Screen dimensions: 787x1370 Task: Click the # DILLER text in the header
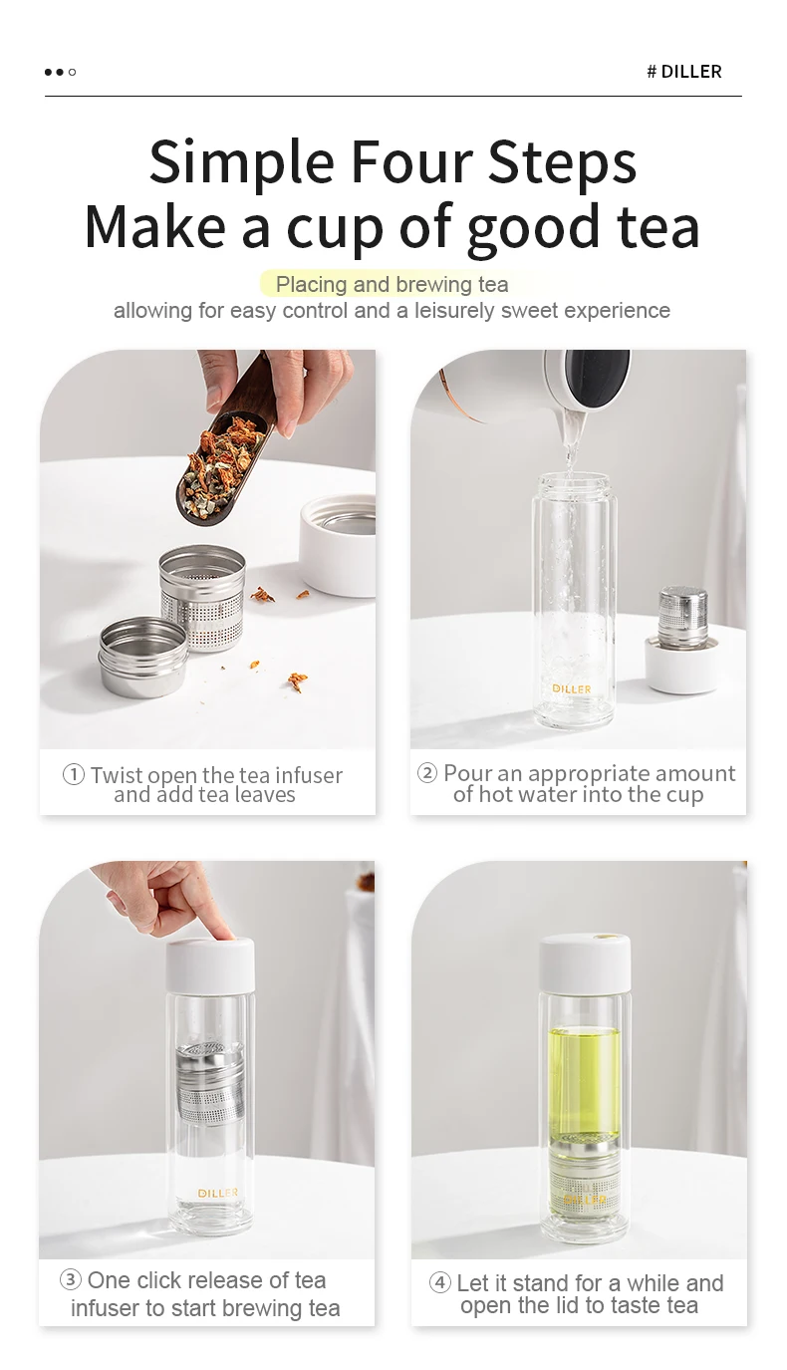point(684,72)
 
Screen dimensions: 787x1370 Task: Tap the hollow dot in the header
point(72,72)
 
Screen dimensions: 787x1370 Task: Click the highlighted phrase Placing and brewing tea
point(392,284)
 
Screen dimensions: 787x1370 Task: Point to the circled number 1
point(74,775)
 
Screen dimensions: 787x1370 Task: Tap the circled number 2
point(427,773)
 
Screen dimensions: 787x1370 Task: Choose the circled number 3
point(71,1280)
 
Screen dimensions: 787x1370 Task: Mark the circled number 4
point(439,1282)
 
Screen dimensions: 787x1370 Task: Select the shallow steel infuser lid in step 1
point(143,656)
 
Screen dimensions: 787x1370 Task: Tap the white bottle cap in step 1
point(337,545)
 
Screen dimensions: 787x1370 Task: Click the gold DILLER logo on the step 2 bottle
point(572,688)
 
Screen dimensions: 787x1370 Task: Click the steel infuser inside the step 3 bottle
point(210,1082)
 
